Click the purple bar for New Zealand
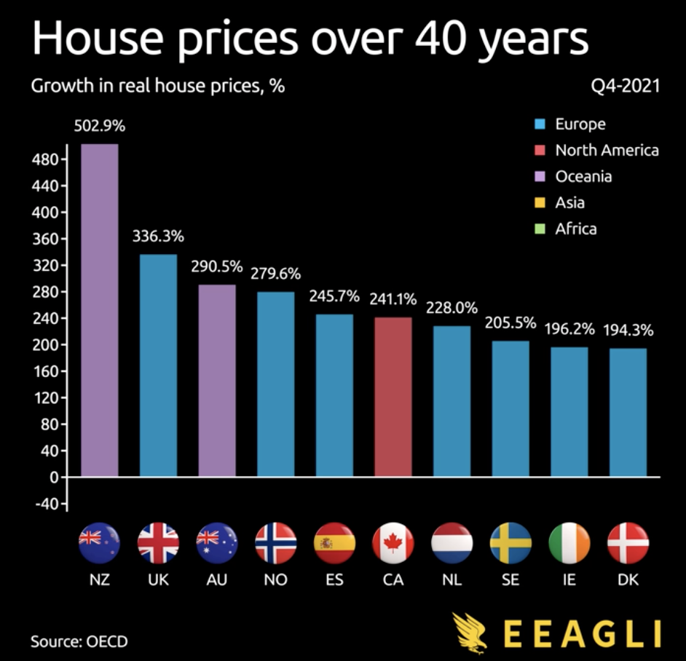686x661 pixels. click(x=99, y=310)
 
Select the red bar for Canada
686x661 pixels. click(x=393, y=397)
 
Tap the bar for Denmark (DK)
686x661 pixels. click(x=628, y=412)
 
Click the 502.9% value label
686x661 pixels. click(x=99, y=125)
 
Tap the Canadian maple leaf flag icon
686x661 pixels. click(x=393, y=543)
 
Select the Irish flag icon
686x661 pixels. click(x=569, y=543)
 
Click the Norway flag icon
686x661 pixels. click(x=275, y=543)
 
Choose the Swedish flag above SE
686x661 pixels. click(x=510, y=543)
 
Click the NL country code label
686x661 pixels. click(x=452, y=580)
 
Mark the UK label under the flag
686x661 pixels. click(x=158, y=580)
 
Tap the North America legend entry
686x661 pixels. click(x=606, y=150)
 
